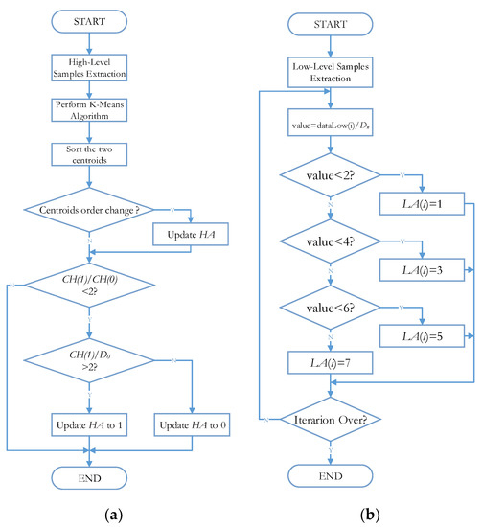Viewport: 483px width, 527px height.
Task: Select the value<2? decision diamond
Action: pos(330,176)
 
